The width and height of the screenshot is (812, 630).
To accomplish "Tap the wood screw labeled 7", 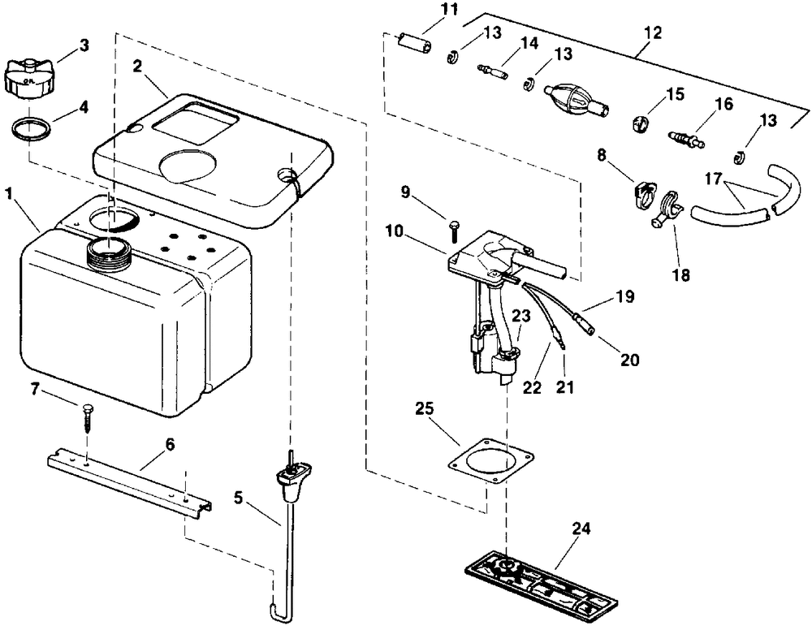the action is (x=87, y=418).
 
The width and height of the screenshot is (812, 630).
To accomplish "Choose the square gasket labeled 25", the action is (x=490, y=463).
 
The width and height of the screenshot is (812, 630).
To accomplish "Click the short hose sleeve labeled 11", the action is (x=415, y=42).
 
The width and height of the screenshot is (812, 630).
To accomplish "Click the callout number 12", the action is (x=653, y=33).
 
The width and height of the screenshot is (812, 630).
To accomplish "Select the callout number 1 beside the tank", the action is (x=9, y=194).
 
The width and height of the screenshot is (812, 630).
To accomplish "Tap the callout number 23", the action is (x=522, y=315).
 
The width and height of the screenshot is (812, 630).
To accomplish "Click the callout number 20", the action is (x=630, y=360).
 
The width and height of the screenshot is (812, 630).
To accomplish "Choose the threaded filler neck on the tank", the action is (x=110, y=252).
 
